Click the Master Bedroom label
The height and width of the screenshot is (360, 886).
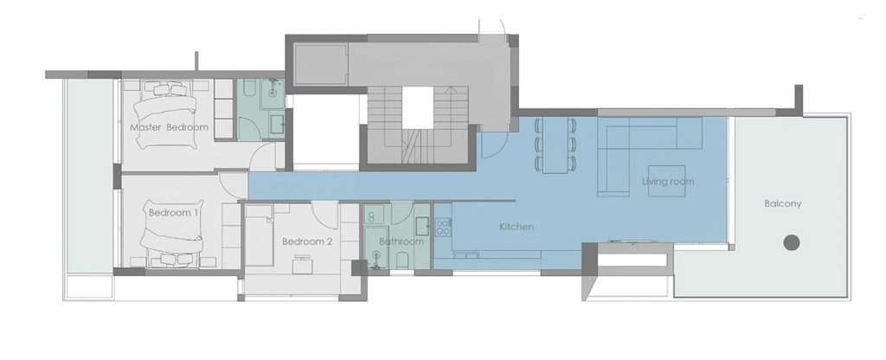point(169,127)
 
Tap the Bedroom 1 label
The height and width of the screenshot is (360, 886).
point(173,213)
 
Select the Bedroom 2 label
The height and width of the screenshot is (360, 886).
point(307,242)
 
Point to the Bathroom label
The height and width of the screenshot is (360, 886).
point(401,241)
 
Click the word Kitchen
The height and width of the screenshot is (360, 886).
point(517,227)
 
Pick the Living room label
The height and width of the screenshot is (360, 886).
point(668,182)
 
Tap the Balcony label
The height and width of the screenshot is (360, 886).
point(782,203)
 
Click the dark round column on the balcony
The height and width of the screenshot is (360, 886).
point(792,242)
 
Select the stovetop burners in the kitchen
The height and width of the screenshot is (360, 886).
point(443,227)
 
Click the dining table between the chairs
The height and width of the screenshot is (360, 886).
point(554,145)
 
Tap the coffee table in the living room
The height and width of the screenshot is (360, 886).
point(667,181)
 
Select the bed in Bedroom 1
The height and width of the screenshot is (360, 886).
point(172,233)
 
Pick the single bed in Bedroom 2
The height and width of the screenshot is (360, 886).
point(260,235)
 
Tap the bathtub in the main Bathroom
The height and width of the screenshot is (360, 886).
point(376,247)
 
